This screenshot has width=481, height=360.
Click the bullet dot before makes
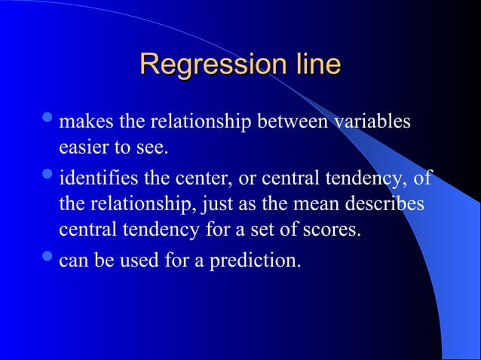tap(49, 120)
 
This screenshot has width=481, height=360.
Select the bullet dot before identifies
tap(49, 178)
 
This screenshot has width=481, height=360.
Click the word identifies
tap(97, 181)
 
